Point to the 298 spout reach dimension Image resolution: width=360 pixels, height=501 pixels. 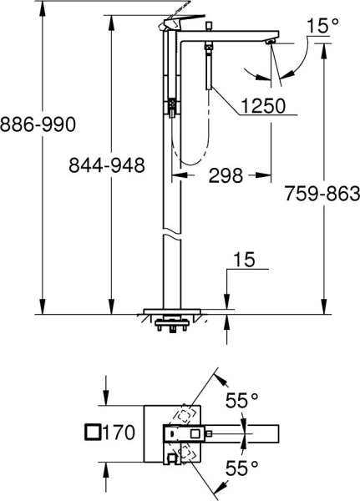tap(221, 176)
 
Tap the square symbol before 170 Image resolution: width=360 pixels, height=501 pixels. tap(94, 432)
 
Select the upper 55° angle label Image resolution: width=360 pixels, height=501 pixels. tap(241, 401)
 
